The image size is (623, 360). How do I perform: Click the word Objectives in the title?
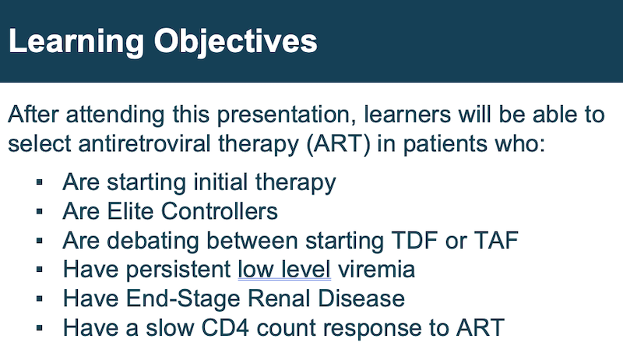pos(236,42)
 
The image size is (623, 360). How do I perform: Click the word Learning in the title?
pos(76,42)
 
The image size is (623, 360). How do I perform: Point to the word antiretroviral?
pos(144,143)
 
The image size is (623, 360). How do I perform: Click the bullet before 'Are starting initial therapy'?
pos(40,182)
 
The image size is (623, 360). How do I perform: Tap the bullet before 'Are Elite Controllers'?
pos(40,211)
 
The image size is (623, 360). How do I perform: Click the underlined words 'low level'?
pos(284,270)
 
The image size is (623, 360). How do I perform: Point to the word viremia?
pos(376,270)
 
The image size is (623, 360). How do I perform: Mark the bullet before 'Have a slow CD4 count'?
pos(40,328)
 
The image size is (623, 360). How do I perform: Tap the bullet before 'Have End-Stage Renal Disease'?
pos(40,298)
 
